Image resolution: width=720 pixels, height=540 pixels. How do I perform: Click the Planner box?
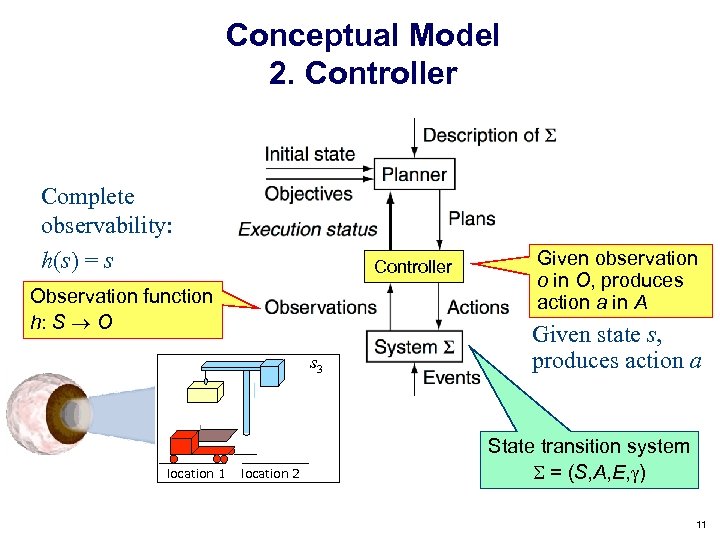413,174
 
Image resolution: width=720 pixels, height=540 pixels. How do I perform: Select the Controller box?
413,267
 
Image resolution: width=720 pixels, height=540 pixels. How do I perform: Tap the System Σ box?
413,347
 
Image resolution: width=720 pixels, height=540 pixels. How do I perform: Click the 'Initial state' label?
309,154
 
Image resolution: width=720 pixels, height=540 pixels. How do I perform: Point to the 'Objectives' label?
308,193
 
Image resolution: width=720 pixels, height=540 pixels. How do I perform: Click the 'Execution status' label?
308,229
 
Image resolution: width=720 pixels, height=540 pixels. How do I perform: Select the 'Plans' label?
471,219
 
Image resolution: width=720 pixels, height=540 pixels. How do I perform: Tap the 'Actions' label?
478,307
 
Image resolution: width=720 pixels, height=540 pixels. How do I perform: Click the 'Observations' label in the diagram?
320,307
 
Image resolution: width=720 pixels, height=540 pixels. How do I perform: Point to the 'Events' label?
451,377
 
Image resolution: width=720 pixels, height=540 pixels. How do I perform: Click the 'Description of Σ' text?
489,135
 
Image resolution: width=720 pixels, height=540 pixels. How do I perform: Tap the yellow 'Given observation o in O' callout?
616,280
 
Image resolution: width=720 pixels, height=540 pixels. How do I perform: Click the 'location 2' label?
270,474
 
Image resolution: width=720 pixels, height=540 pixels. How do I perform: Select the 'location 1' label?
195,474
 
